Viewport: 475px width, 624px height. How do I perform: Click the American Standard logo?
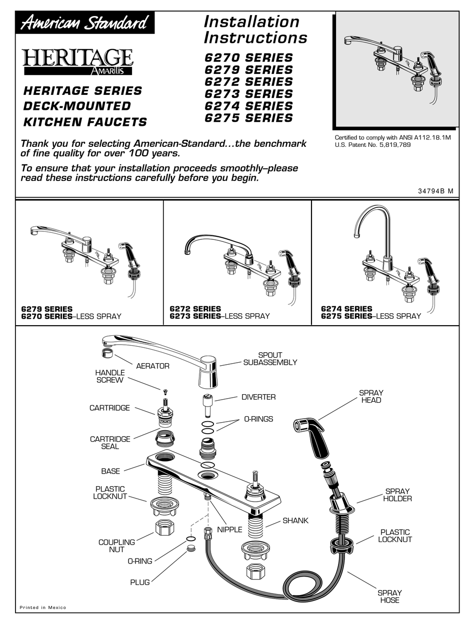click(x=84, y=23)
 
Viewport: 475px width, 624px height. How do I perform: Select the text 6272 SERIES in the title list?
click(x=248, y=81)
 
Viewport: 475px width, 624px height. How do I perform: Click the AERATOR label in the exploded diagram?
click(x=152, y=366)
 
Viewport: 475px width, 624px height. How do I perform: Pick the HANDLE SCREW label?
click(x=109, y=376)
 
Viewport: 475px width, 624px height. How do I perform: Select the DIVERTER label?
click(x=258, y=397)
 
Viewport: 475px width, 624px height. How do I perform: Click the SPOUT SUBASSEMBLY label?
click(x=270, y=359)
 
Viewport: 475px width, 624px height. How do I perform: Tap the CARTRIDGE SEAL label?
click(x=110, y=443)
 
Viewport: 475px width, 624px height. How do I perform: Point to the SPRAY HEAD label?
click(x=370, y=396)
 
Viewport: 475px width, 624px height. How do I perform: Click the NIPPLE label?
click(x=229, y=530)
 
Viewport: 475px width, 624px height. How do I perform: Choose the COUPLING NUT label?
click(x=116, y=546)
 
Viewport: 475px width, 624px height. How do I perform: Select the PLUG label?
click(x=139, y=582)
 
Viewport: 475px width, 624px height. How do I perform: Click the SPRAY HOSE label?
click(x=389, y=596)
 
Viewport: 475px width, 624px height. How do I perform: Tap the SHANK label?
click(x=295, y=521)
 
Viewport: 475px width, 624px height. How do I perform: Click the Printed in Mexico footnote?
click(x=42, y=608)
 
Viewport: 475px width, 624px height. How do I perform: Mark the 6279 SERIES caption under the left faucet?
click(x=46, y=309)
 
